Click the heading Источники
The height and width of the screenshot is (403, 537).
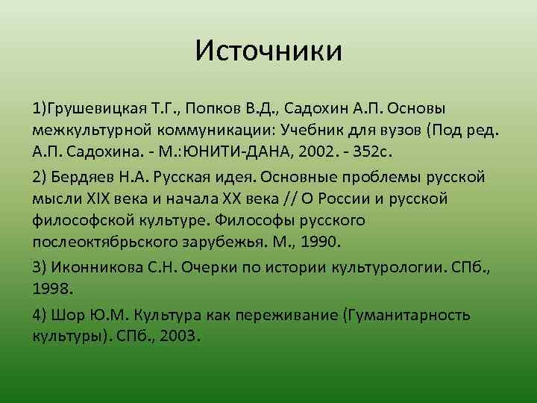tap(268, 51)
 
